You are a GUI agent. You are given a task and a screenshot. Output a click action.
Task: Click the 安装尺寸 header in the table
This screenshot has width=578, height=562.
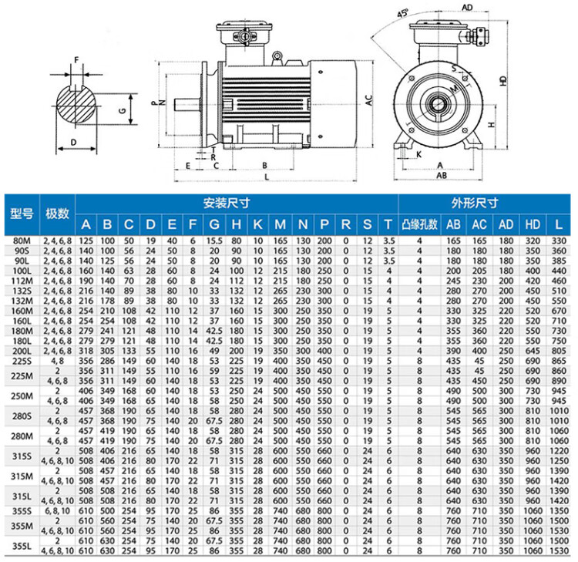coord(227,204)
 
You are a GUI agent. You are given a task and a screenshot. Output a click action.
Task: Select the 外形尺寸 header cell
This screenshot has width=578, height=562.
coord(475,204)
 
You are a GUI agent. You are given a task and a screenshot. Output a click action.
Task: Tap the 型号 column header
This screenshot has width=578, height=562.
coord(22,213)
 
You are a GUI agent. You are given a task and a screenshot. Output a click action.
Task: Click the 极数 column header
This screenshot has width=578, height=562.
coord(57,213)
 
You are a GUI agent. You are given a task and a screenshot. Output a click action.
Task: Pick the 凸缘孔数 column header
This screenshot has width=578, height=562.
coord(419,224)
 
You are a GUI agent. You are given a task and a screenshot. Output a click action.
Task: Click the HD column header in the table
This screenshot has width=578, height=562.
coord(533,224)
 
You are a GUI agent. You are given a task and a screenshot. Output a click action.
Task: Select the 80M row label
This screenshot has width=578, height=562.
coord(22,241)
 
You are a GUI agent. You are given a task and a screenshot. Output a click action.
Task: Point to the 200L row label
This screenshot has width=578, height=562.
coord(22,351)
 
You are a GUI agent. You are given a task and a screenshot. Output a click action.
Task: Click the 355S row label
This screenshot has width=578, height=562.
coord(22,511)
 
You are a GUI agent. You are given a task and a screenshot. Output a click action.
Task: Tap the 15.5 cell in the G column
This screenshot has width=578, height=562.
coord(214,241)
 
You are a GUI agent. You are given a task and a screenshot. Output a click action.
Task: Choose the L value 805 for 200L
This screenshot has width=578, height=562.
coord(559,351)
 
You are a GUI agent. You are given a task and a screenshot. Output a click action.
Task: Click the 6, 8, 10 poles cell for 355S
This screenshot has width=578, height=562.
coord(58,511)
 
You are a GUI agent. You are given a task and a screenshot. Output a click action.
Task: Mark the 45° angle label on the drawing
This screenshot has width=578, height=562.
coord(402,13)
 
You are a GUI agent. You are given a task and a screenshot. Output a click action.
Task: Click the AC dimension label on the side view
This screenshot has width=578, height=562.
coord(369,100)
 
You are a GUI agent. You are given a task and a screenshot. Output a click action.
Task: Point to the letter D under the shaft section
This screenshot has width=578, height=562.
coord(74,143)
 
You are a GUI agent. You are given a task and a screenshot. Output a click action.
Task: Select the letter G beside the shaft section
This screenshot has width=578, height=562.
coord(123,110)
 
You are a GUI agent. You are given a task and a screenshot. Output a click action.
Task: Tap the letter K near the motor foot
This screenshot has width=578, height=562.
coord(418,154)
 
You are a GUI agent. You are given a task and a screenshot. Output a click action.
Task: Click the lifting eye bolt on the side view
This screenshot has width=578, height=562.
coord(277,57)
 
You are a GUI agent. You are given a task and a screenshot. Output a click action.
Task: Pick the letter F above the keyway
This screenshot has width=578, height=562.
coord(76,59)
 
